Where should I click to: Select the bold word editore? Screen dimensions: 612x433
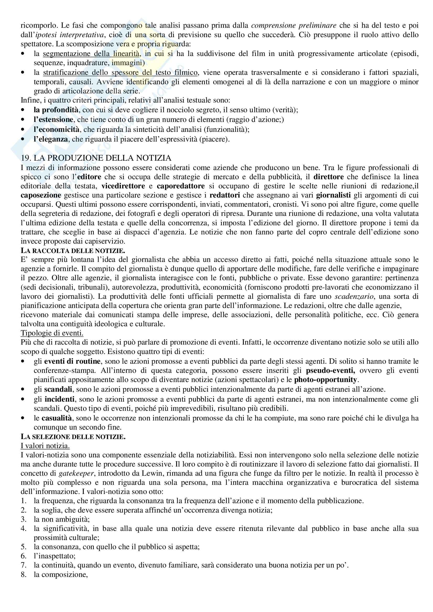(x=89, y=177)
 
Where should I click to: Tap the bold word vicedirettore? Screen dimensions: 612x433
(x=123, y=186)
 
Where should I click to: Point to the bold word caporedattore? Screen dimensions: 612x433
(x=181, y=186)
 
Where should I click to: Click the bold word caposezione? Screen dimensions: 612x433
(x=41, y=195)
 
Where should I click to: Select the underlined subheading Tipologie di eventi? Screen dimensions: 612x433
(x=52, y=333)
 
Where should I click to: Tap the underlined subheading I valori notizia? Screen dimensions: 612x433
(x=45, y=446)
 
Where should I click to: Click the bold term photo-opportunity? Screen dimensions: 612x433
(x=325, y=380)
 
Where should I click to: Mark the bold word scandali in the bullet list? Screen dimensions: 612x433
(x=58, y=389)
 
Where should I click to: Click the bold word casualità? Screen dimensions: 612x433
(x=56, y=418)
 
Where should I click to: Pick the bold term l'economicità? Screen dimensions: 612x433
(x=56, y=130)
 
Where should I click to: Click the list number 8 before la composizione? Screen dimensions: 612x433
(x=24, y=574)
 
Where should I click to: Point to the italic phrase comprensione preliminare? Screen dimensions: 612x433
(x=293, y=26)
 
